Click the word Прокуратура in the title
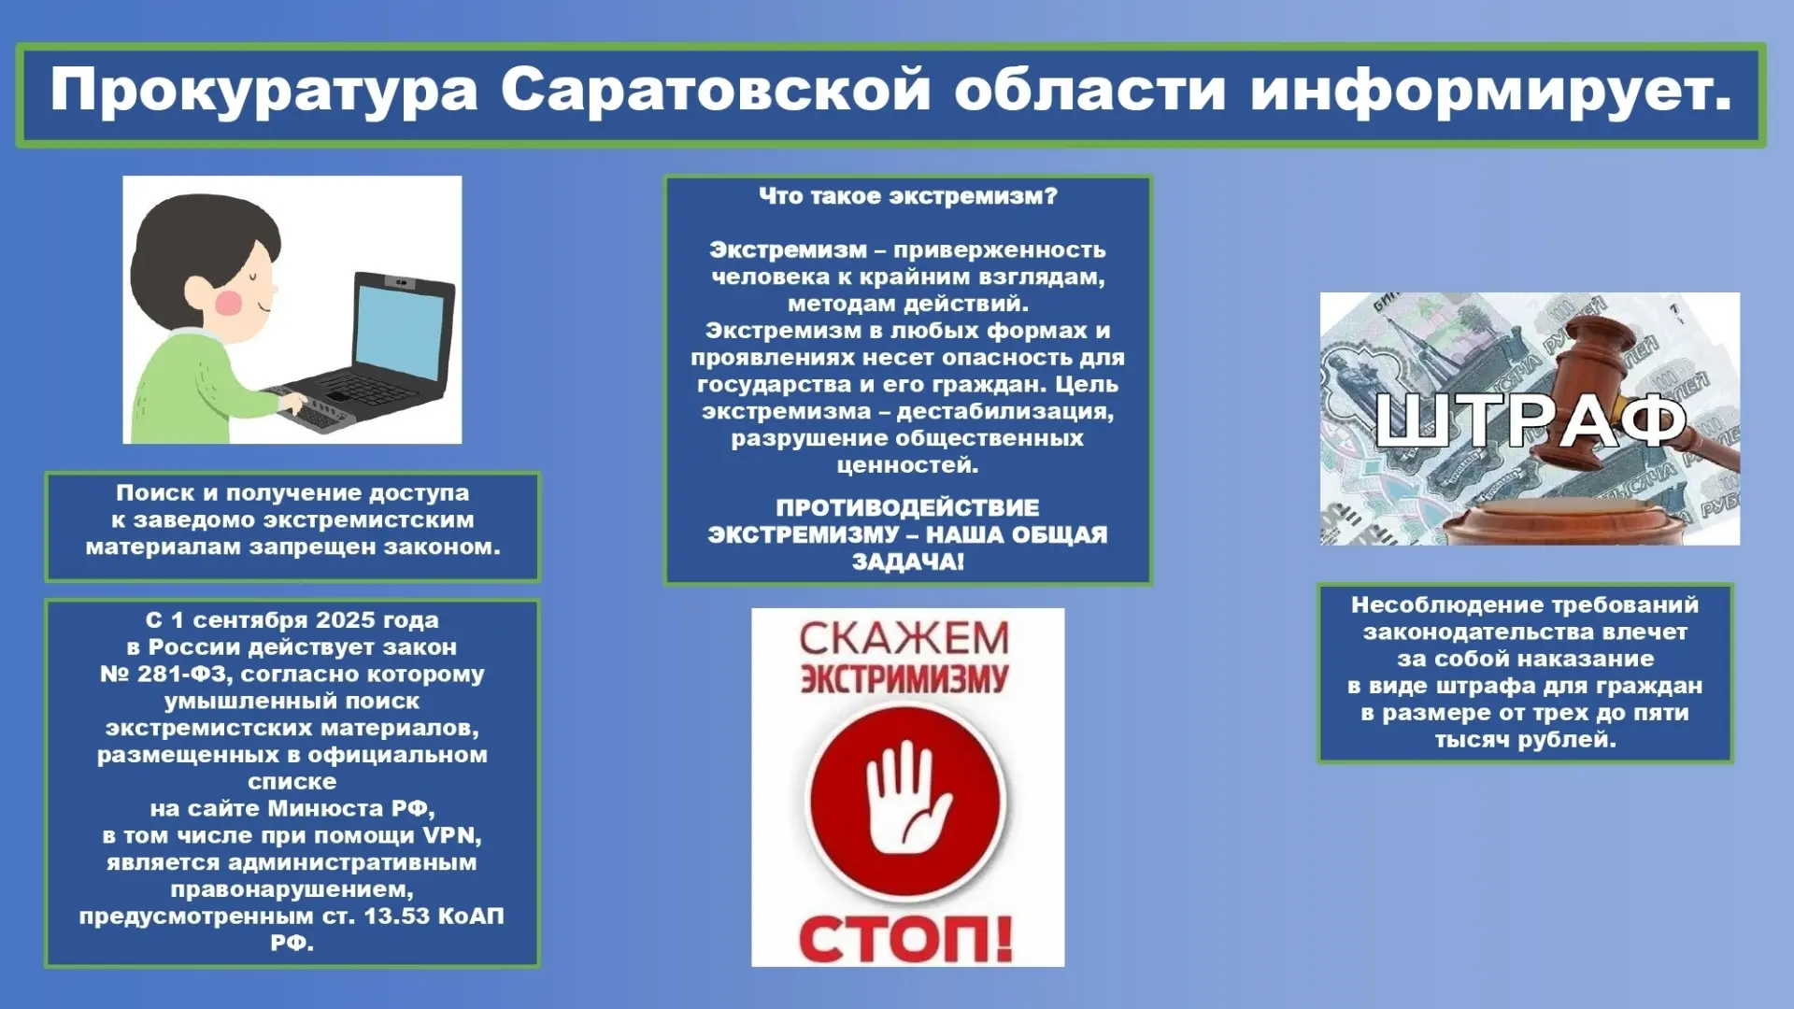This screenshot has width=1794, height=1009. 263,91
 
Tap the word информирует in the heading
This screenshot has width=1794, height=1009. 1492,91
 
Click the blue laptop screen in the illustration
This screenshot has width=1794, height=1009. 400,333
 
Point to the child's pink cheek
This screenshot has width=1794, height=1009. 230,302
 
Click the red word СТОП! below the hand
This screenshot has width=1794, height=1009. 905,937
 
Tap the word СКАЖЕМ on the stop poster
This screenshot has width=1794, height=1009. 904,639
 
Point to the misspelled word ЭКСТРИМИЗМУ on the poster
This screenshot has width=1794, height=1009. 904,679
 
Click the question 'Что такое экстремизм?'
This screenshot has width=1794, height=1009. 907,196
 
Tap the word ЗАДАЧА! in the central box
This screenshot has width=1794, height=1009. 907,562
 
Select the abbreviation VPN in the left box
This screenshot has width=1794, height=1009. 452,835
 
